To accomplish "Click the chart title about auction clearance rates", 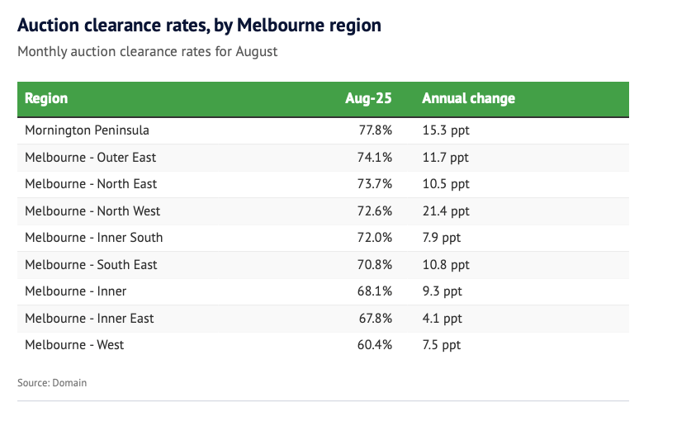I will tap(199, 26).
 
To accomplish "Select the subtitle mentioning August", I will tap(147, 51).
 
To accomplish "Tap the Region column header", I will tap(46, 98).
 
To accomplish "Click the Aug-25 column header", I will tap(368, 98).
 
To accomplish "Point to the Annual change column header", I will tap(468, 98).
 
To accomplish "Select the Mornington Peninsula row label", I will tap(87, 130).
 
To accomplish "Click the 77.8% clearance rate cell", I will tap(375, 130).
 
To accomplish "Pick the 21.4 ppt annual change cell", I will tap(445, 211).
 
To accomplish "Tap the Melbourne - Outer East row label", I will tap(90, 157).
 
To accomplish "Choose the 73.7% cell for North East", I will tap(375, 184).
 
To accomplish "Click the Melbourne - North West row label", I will tap(92, 211).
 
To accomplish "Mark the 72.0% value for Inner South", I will tap(375, 238).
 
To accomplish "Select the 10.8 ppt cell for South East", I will tap(445, 265).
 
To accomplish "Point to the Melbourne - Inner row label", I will tap(75, 291).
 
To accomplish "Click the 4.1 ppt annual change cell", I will tap(442, 319).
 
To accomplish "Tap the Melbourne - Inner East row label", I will tap(89, 319).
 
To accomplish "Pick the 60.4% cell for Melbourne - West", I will tap(375, 345).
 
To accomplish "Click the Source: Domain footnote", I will tap(51, 383).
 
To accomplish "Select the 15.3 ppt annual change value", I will tap(445, 130).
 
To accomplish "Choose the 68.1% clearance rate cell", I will tap(375, 291).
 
